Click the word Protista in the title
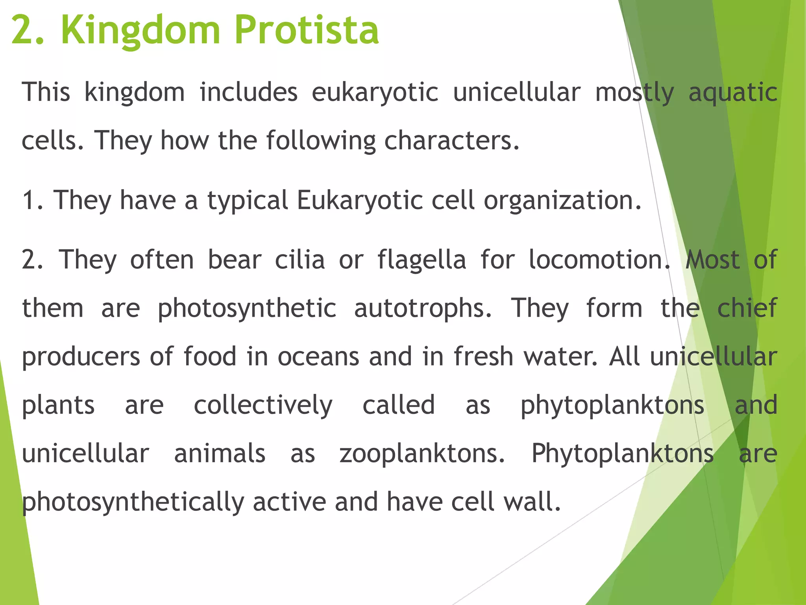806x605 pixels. coord(307,30)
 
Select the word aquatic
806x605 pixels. coord(733,93)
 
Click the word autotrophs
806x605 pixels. coord(423,309)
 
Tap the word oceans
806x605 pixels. coord(318,357)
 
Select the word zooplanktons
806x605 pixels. coord(422,454)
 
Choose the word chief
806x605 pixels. coord(747,308)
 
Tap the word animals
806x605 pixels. coord(220,454)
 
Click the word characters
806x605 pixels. coord(451,141)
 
